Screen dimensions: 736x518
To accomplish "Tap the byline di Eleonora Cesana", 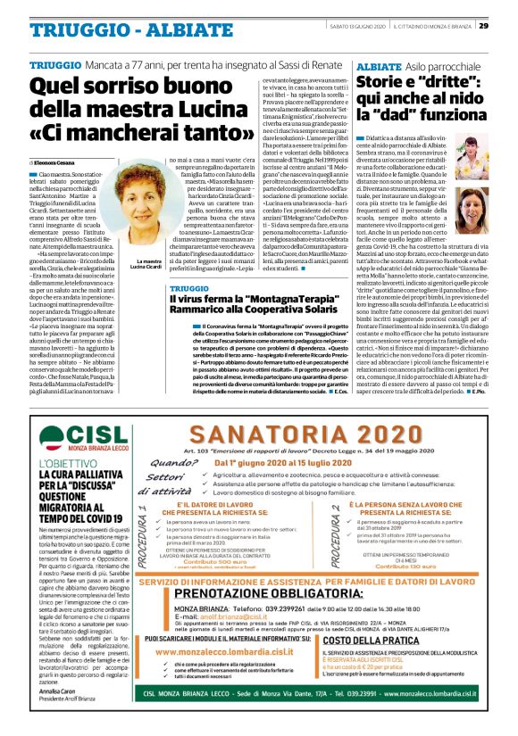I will pyautogui.click(x=55, y=164).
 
